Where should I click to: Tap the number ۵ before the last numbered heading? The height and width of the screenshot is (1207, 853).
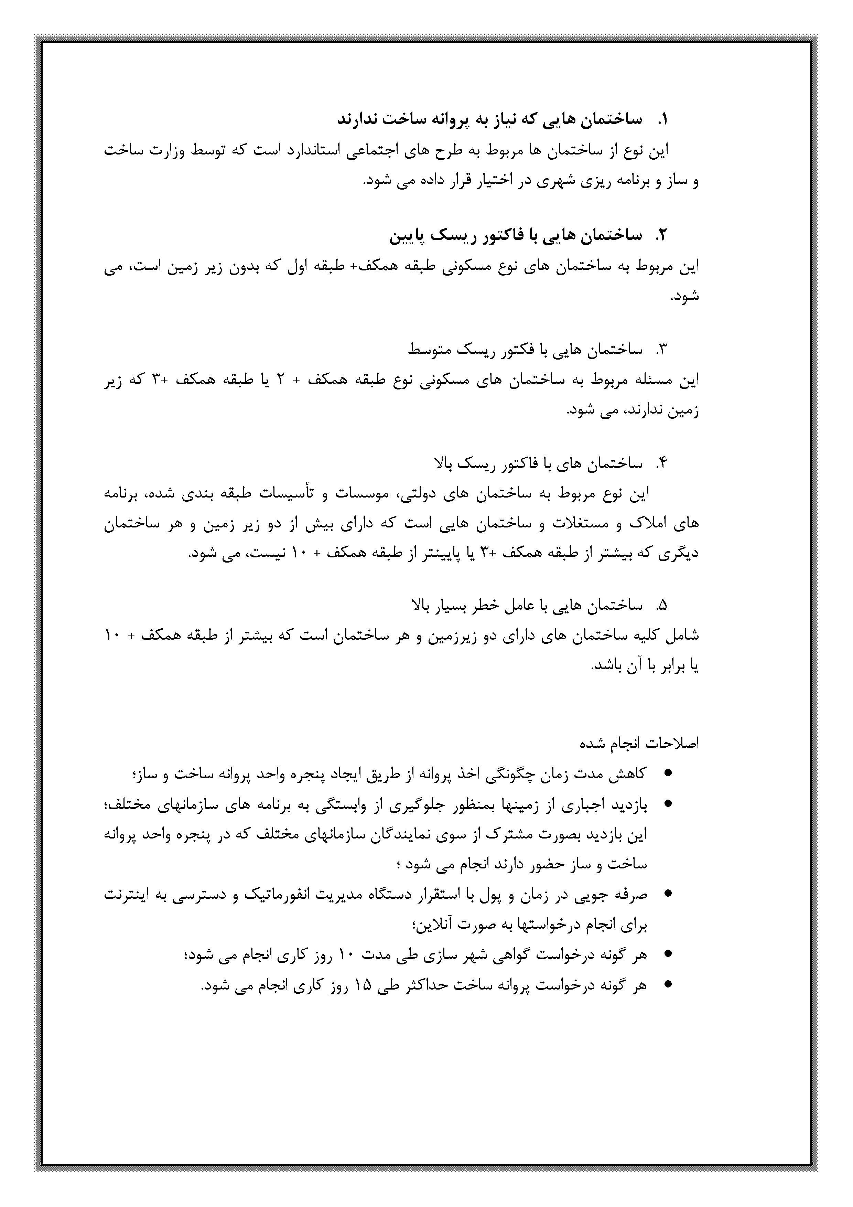pos(662,606)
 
